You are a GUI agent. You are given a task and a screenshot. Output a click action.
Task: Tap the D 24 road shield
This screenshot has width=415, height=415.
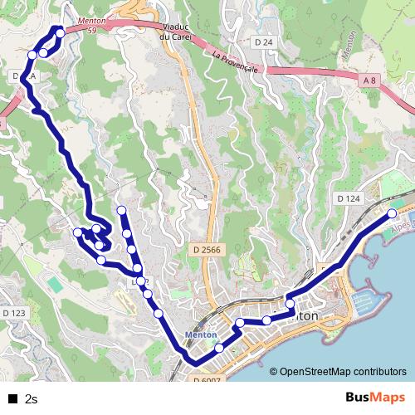click(x=264, y=41)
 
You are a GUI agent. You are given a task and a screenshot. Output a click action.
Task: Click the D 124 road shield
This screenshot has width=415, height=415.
click(x=349, y=199)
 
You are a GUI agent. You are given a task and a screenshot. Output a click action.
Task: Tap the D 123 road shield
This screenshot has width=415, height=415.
click(x=14, y=313)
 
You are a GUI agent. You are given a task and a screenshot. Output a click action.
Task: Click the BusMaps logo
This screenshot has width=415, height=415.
click(x=376, y=398)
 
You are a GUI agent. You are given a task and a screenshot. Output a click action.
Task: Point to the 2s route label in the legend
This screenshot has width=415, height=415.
click(x=32, y=398)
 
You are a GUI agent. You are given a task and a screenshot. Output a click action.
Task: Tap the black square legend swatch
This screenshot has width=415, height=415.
click(x=12, y=398)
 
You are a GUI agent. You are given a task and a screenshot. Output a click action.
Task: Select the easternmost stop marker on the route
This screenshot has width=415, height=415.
click(x=393, y=214)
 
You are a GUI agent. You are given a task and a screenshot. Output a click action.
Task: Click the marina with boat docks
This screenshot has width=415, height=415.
click(x=365, y=299)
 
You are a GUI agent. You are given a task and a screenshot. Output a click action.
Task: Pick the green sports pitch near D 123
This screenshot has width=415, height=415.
click(x=54, y=284)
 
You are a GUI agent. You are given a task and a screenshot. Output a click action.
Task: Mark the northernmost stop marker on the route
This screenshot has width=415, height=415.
click(x=60, y=32)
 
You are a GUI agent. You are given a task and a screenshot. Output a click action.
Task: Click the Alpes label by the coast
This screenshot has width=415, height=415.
click(x=402, y=224)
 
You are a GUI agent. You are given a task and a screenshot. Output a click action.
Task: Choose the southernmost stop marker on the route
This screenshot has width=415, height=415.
click(x=219, y=349)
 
